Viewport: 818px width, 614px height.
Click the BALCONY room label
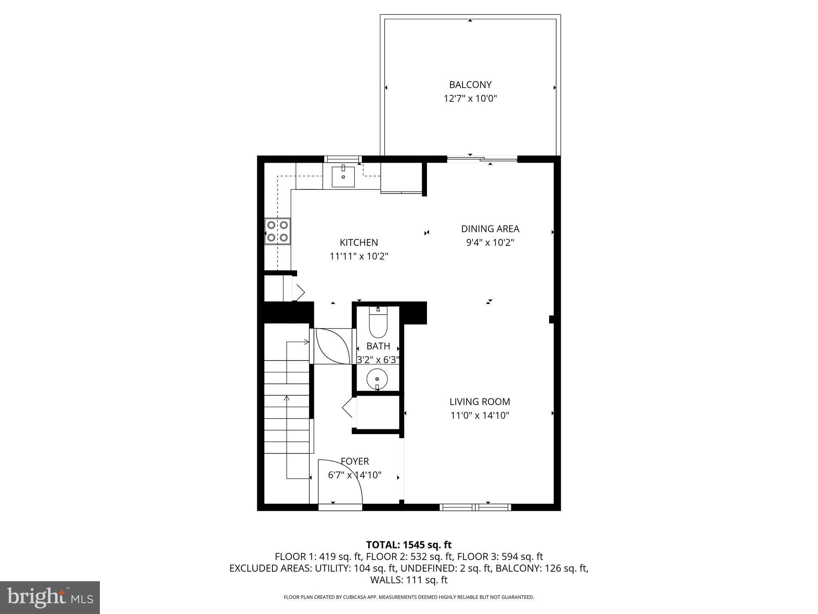tap(470, 85)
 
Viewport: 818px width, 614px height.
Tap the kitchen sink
tap(343, 177)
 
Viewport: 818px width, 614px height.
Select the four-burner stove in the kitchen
tap(278, 231)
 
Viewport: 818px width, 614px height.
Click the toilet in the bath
tap(378, 324)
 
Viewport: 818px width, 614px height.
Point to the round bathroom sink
tap(377, 378)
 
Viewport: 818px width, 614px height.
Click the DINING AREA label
tap(490, 229)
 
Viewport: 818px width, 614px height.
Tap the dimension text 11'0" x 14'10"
tap(480, 415)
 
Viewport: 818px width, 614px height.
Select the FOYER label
tap(355, 461)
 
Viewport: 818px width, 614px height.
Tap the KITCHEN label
tap(359, 242)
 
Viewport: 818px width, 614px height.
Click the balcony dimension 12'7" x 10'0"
tap(470, 98)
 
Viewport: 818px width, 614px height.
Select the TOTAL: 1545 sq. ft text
tap(409, 544)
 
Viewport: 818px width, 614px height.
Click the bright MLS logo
tap(50, 597)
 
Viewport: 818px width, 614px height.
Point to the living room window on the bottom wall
tap(475, 507)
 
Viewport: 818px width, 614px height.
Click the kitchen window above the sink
tap(343, 159)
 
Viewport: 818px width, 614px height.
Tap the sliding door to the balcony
tap(482, 159)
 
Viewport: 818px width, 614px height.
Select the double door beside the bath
tap(332, 346)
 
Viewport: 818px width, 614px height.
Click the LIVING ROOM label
tap(480, 402)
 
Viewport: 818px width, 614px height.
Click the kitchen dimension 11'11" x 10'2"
tap(359, 256)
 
